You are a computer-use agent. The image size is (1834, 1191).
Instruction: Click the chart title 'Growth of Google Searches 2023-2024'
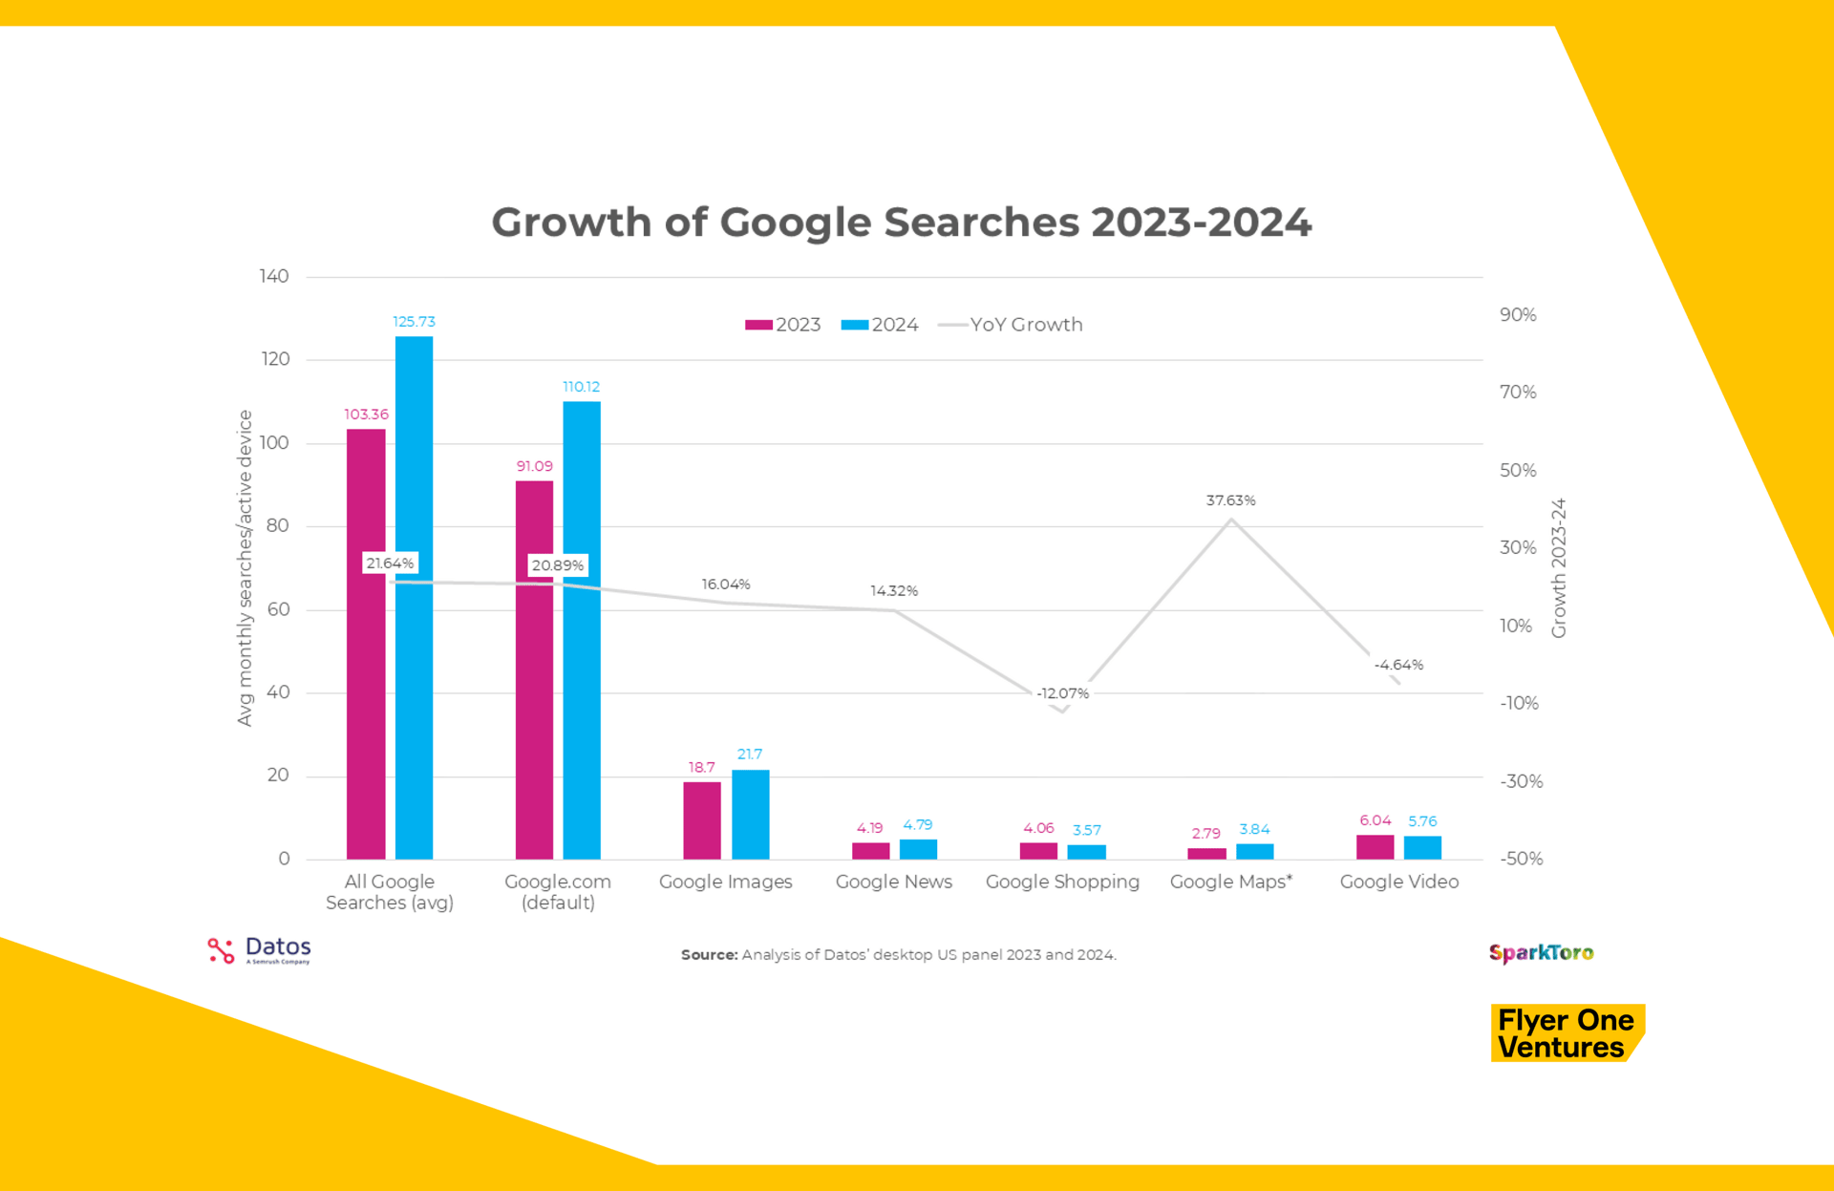[x=901, y=223]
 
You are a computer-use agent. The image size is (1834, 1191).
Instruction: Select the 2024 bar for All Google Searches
[x=414, y=597]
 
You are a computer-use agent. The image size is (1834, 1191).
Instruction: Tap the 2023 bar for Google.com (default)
[x=534, y=669]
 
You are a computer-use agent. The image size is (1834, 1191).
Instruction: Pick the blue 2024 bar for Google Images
[x=750, y=814]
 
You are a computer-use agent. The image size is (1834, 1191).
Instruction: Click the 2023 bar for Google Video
[x=1375, y=846]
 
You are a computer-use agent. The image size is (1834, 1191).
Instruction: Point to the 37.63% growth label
[x=1230, y=500]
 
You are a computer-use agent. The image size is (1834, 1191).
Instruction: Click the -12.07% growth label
[x=1062, y=693]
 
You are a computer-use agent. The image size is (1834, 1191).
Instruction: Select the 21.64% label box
[x=390, y=564]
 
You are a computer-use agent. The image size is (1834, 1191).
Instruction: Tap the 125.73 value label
[x=414, y=322]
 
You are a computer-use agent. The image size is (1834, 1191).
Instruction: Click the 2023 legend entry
[x=783, y=325]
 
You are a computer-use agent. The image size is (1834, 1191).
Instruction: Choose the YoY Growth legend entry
[x=1012, y=325]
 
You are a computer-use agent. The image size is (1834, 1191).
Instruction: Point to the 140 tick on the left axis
[x=274, y=276]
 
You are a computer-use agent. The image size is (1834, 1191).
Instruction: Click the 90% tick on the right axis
[x=1518, y=315]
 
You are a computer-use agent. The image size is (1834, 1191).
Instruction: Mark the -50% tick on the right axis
[x=1521, y=859]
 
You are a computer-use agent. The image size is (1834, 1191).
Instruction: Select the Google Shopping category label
[x=1062, y=882]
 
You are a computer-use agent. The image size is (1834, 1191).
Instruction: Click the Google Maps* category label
[x=1230, y=882]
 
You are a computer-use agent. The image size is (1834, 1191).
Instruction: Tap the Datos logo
[x=259, y=950]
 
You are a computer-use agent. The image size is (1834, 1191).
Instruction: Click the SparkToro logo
[x=1541, y=953]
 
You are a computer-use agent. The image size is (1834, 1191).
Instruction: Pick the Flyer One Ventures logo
[x=1567, y=1033]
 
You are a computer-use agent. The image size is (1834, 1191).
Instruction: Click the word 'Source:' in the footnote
[x=709, y=955]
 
